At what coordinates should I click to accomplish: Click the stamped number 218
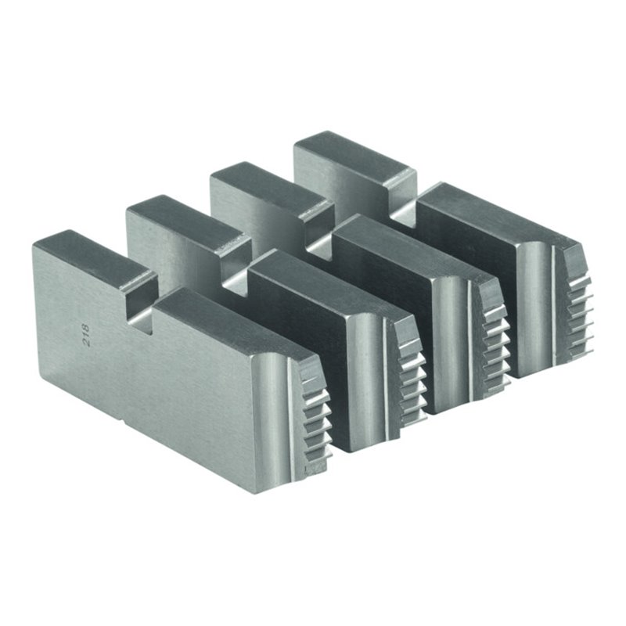click(x=85, y=336)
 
